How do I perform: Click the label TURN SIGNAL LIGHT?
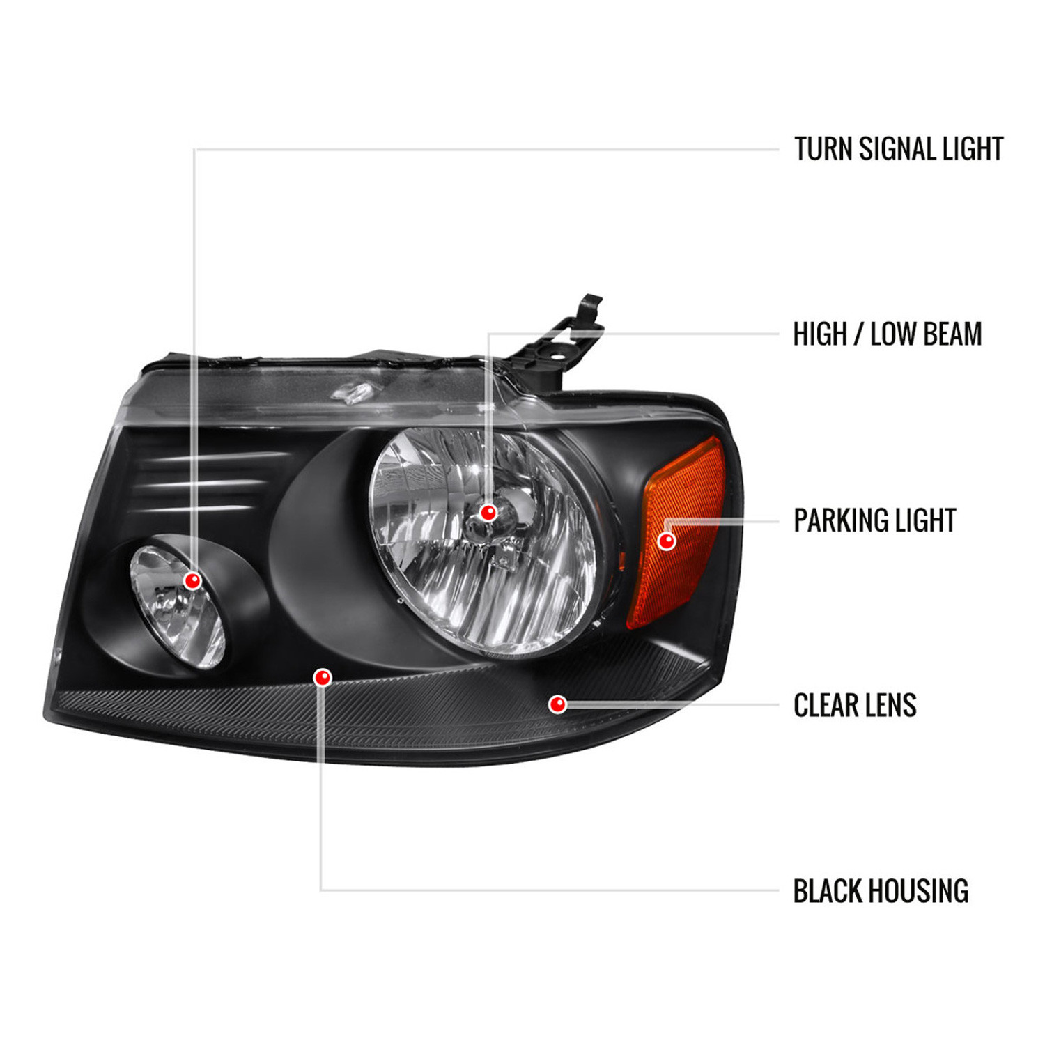898,149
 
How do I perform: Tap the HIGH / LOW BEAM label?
888,334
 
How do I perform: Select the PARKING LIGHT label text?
875,520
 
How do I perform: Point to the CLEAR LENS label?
855,705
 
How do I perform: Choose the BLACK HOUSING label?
881,891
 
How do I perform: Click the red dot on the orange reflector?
667,541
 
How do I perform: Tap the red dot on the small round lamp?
192,580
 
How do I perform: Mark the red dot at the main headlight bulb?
488,513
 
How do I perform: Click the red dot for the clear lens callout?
557,704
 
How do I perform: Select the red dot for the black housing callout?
323,677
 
